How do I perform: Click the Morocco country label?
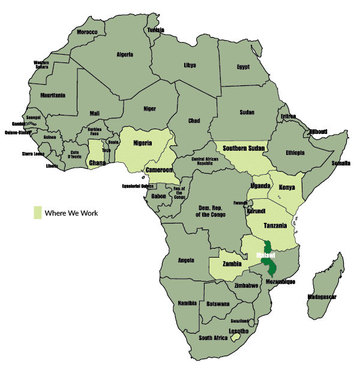pyautogui.click(x=87, y=32)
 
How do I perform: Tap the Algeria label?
pyautogui.click(x=125, y=54)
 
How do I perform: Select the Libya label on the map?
pyautogui.click(x=190, y=65)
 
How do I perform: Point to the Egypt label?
pyautogui.click(x=243, y=67)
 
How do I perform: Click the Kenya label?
pyautogui.click(x=287, y=187)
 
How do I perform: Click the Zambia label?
pyautogui.click(x=230, y=264)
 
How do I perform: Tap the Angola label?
pyautogui.click(x=187, y=260)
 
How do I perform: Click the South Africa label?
pyautogui.click(x=213, y=338)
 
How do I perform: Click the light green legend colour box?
pyautogui.click(x=38, y=213)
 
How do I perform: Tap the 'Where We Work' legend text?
pyautogui.click(x=71, y=213)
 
